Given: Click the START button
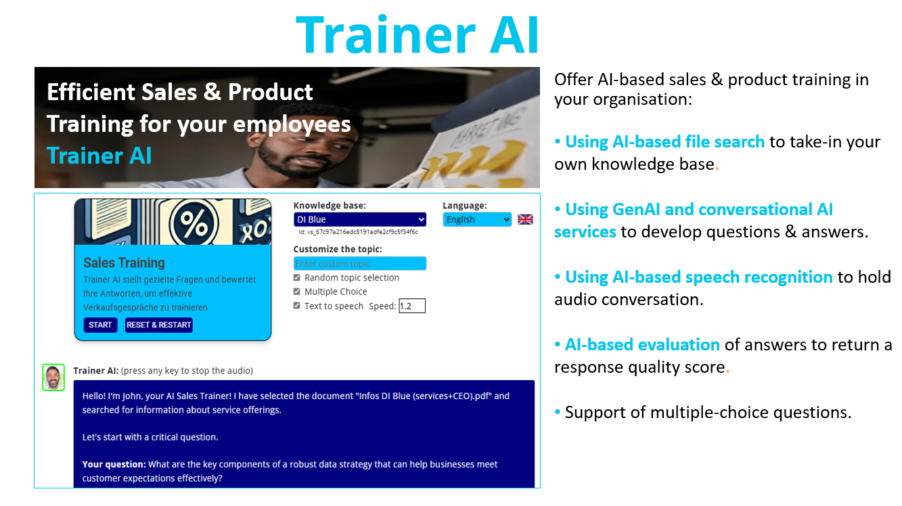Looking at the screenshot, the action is coord(100,325).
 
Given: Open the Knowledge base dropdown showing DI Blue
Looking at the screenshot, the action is coord(359,219).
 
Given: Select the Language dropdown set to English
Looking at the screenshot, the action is coord(477,219).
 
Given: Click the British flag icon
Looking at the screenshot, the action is coord(525,219).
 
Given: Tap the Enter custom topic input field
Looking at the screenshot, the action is coord(359,264).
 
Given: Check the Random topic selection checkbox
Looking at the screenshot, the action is coord(297,277).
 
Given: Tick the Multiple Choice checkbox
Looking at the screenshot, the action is coord(297,291).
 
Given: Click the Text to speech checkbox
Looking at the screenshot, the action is coord(297,306).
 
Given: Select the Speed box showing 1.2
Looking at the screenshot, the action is coord(412,306).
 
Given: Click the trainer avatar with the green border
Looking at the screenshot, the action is coord(53,377).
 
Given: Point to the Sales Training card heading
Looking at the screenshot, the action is coord(124,262).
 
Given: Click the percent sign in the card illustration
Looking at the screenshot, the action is coord(194,223).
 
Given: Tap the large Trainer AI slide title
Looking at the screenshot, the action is coord(418,34).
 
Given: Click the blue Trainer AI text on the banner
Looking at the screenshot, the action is coord(99,156).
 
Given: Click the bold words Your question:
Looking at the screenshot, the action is coord(114,464).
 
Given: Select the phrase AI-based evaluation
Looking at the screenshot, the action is coord(642,344).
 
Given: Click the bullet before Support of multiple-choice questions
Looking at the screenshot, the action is coord(558,412).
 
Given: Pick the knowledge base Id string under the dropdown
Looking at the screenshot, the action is coord(359,232).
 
